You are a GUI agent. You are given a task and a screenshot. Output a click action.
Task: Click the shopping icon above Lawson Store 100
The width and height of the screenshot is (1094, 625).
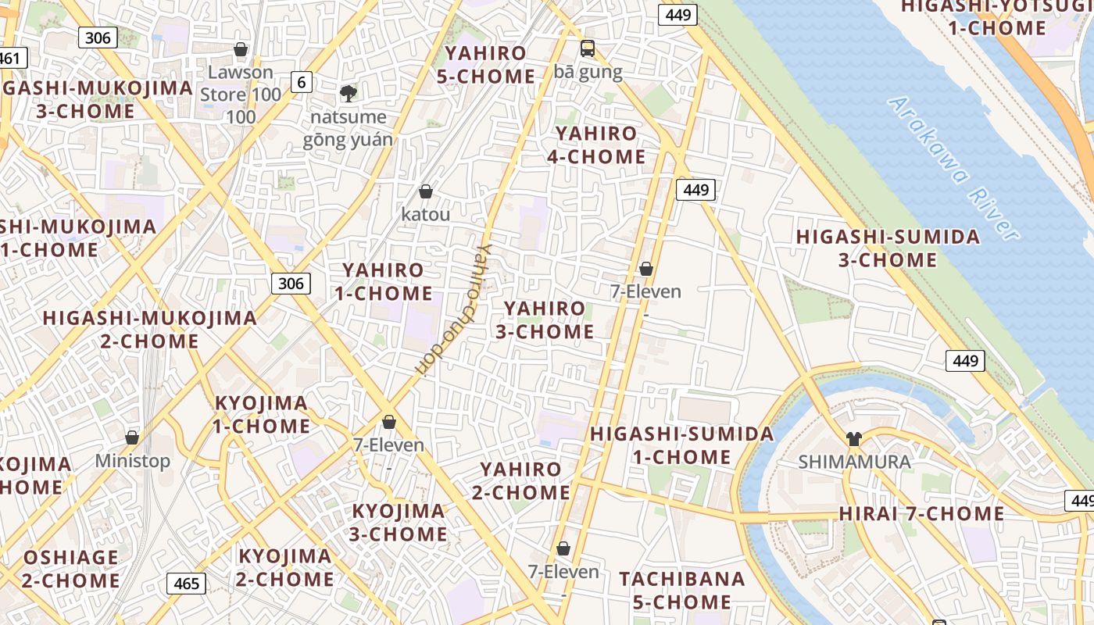click(x=241, y=49)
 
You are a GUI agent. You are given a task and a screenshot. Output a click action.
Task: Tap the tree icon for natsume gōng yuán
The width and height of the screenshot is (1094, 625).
click(x=348, y=94)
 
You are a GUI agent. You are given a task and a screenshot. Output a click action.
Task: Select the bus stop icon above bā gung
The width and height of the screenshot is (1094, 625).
click(x=588, y=48)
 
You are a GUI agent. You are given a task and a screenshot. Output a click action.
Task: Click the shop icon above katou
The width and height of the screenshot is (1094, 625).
click(x=426, y=191)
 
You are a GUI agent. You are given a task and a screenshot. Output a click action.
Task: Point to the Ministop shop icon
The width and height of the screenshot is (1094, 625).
click(x=132, y=437)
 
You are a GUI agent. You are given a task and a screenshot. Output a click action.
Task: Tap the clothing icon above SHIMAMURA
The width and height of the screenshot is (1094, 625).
click(x=853, y=438)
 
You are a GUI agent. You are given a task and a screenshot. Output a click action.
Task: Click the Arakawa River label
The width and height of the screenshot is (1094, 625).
click(x=953, y=168)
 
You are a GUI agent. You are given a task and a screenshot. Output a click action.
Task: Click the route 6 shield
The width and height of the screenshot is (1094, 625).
click(x=301, y=81)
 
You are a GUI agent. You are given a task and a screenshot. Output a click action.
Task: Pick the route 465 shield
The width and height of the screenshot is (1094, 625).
click(x=186, y=584)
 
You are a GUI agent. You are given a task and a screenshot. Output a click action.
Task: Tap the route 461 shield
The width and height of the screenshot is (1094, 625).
click(x=11, y=58)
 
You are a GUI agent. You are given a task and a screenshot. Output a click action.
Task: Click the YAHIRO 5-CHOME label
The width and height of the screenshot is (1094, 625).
click(x=491, y=65)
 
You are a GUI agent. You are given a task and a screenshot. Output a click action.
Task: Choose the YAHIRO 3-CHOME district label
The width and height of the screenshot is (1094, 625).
click(x=545, y=320)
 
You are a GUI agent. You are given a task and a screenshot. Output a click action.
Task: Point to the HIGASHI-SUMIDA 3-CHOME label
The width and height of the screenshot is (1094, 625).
click(x=888, y=248)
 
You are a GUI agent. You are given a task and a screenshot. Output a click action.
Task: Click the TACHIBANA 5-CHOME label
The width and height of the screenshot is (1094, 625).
click(x=682, y=591)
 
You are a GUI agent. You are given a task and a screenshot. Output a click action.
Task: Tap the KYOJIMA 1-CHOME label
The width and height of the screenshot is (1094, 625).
click(x=262, y=414)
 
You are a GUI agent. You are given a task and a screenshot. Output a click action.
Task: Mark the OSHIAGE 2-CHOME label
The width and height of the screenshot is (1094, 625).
click(x=70, y=569)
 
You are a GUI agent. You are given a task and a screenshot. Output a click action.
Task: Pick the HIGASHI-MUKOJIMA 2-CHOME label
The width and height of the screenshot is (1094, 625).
click(x=150, y=330)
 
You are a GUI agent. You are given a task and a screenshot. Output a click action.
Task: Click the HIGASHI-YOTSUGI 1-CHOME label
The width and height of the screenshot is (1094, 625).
click(x=996, y=17)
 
